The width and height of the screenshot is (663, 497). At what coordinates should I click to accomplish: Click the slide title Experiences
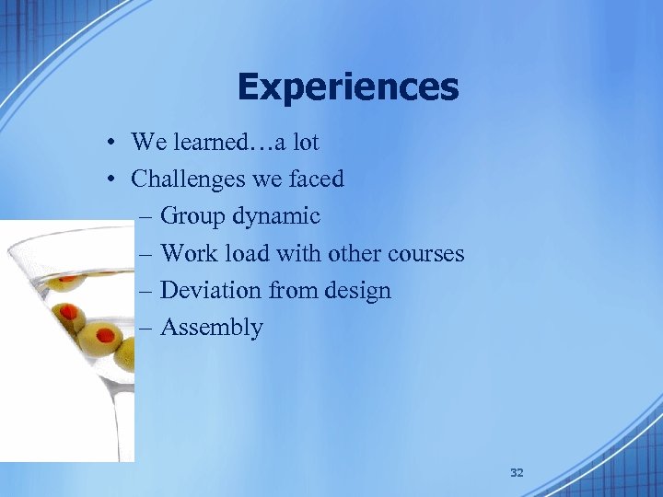[x=347, y=87]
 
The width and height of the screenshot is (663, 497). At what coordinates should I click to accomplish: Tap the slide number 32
[x=517, y=472]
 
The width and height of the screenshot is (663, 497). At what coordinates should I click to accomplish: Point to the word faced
[x=316, y=179]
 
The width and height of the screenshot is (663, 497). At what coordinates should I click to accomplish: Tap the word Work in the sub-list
[x=188, y=253]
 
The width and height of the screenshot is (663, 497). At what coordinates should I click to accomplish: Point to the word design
[x=355, y=291]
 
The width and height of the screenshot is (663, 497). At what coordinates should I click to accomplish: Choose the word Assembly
[x=211, y=328]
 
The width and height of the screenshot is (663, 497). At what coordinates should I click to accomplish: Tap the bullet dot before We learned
[x=109, y=143]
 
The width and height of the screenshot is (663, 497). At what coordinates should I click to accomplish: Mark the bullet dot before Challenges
[x=109, y=179]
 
